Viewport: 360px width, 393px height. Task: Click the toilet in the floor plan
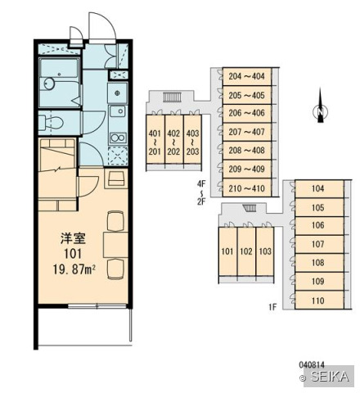coord(51,123)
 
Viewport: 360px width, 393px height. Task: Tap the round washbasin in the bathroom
coord(49,84)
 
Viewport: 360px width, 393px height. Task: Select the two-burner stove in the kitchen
coord(118,138)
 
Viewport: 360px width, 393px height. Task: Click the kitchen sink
coord(118,111)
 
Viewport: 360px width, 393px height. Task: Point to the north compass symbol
coord(320,106)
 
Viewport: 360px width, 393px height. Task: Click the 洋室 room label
coord(74,239)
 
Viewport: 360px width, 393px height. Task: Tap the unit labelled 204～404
coord(247,76)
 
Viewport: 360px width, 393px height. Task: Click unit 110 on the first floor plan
coord(319,300)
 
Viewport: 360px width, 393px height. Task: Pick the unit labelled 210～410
coord(247,188)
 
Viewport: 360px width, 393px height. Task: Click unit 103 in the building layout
coord(265,251)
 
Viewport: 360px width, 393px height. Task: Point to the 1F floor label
coord(272,307)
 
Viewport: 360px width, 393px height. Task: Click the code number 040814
coord(312,364)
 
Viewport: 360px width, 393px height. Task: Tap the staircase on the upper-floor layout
coord(172,97)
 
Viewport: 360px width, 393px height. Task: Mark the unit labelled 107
coord(319,244)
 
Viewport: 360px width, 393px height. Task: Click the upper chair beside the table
coord(115,220)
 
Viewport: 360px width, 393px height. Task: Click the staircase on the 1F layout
coord(250,208)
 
